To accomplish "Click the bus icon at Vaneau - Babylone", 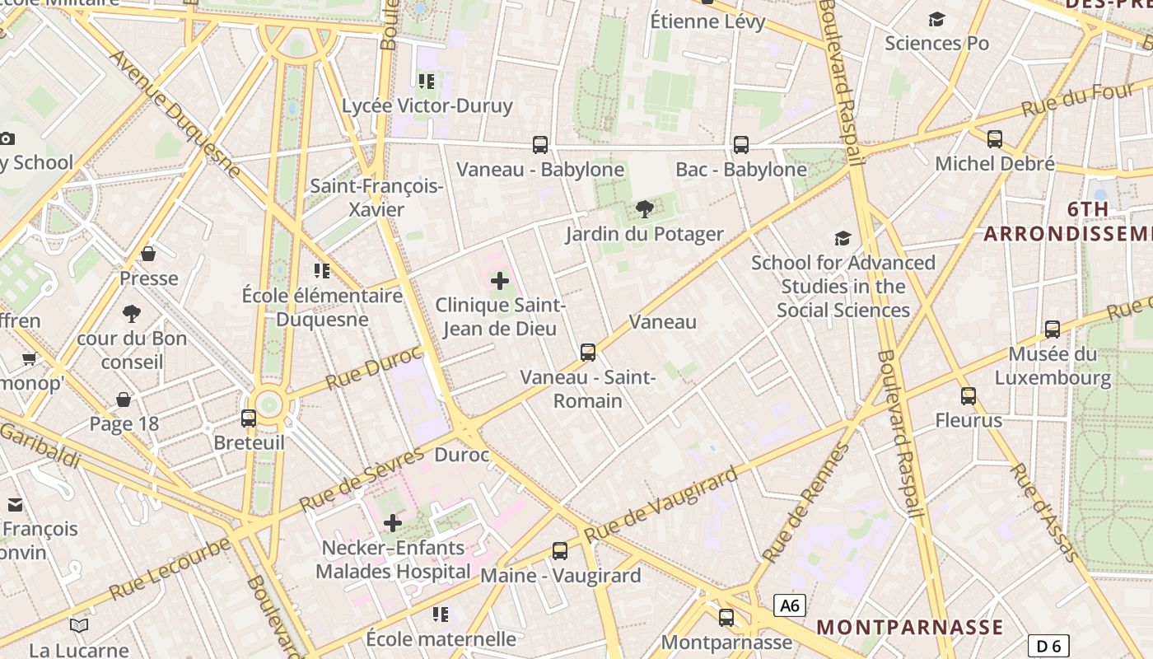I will click(540, 145).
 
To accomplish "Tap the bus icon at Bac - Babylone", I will click(740, 145).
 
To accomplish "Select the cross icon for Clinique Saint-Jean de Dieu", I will click(500, 281).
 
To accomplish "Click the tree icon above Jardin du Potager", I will click(645, 209).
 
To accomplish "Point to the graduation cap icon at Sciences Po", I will click(936, 19).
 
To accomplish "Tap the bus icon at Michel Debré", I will click(995, 138).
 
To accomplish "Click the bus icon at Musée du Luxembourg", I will click(1053, 329).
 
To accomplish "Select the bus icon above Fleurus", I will click(969, 396).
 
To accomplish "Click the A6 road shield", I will click(790, 606).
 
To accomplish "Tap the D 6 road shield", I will click(1048, 646).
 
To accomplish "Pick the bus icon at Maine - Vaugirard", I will click(560, 550).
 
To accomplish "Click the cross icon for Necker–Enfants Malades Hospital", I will click(393, 522).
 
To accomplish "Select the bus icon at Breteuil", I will click(249, 418).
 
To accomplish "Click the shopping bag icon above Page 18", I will click(124, 400).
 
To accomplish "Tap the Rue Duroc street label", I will click(374, 368).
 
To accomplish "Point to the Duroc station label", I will click(461, 455).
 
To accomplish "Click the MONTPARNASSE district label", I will click(910, 627).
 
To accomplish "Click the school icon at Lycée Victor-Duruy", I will click(426, 81).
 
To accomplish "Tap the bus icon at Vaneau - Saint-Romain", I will click(588, 353).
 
